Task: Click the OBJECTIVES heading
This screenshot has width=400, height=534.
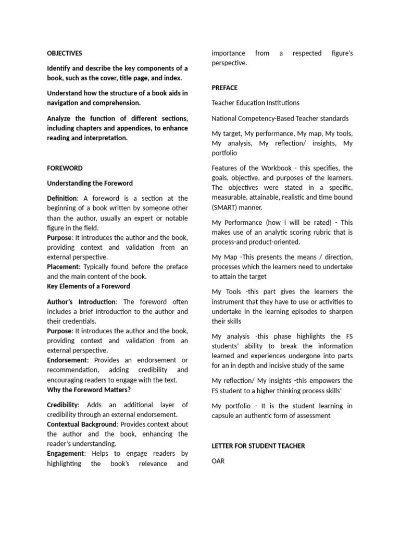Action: [65, 53]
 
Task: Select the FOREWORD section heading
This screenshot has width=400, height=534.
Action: [65, 168]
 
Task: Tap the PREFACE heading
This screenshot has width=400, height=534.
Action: [224, 88]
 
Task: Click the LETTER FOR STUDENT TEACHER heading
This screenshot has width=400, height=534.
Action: [258, 446]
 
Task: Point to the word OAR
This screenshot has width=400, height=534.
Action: [218, 461]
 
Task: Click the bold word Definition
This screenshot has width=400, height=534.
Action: [62, 198]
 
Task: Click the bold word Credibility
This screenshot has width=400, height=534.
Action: [63, 405]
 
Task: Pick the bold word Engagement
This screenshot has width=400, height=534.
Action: [65, 454]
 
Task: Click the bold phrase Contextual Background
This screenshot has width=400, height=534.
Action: [81, 424]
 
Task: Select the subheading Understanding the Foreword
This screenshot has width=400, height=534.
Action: [90, 183]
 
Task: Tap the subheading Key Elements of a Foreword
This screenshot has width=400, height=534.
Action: [89, 286]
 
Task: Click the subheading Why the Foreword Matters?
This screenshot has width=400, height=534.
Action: [89, 390]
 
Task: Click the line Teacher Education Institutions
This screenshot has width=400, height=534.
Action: [256, 103]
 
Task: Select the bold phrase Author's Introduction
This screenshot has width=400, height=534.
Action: [82, 302]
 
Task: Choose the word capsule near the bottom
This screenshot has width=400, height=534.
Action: [224, 416]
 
